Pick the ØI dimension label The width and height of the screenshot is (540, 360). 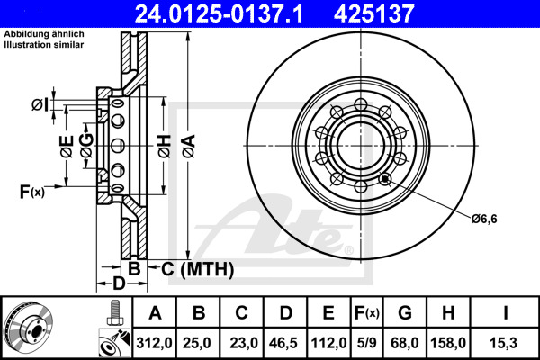pos(40,105)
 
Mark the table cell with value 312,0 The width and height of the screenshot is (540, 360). pos(154,342)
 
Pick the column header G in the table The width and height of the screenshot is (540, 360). pos(406,313)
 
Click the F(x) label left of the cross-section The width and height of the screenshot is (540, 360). pos(31,191)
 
